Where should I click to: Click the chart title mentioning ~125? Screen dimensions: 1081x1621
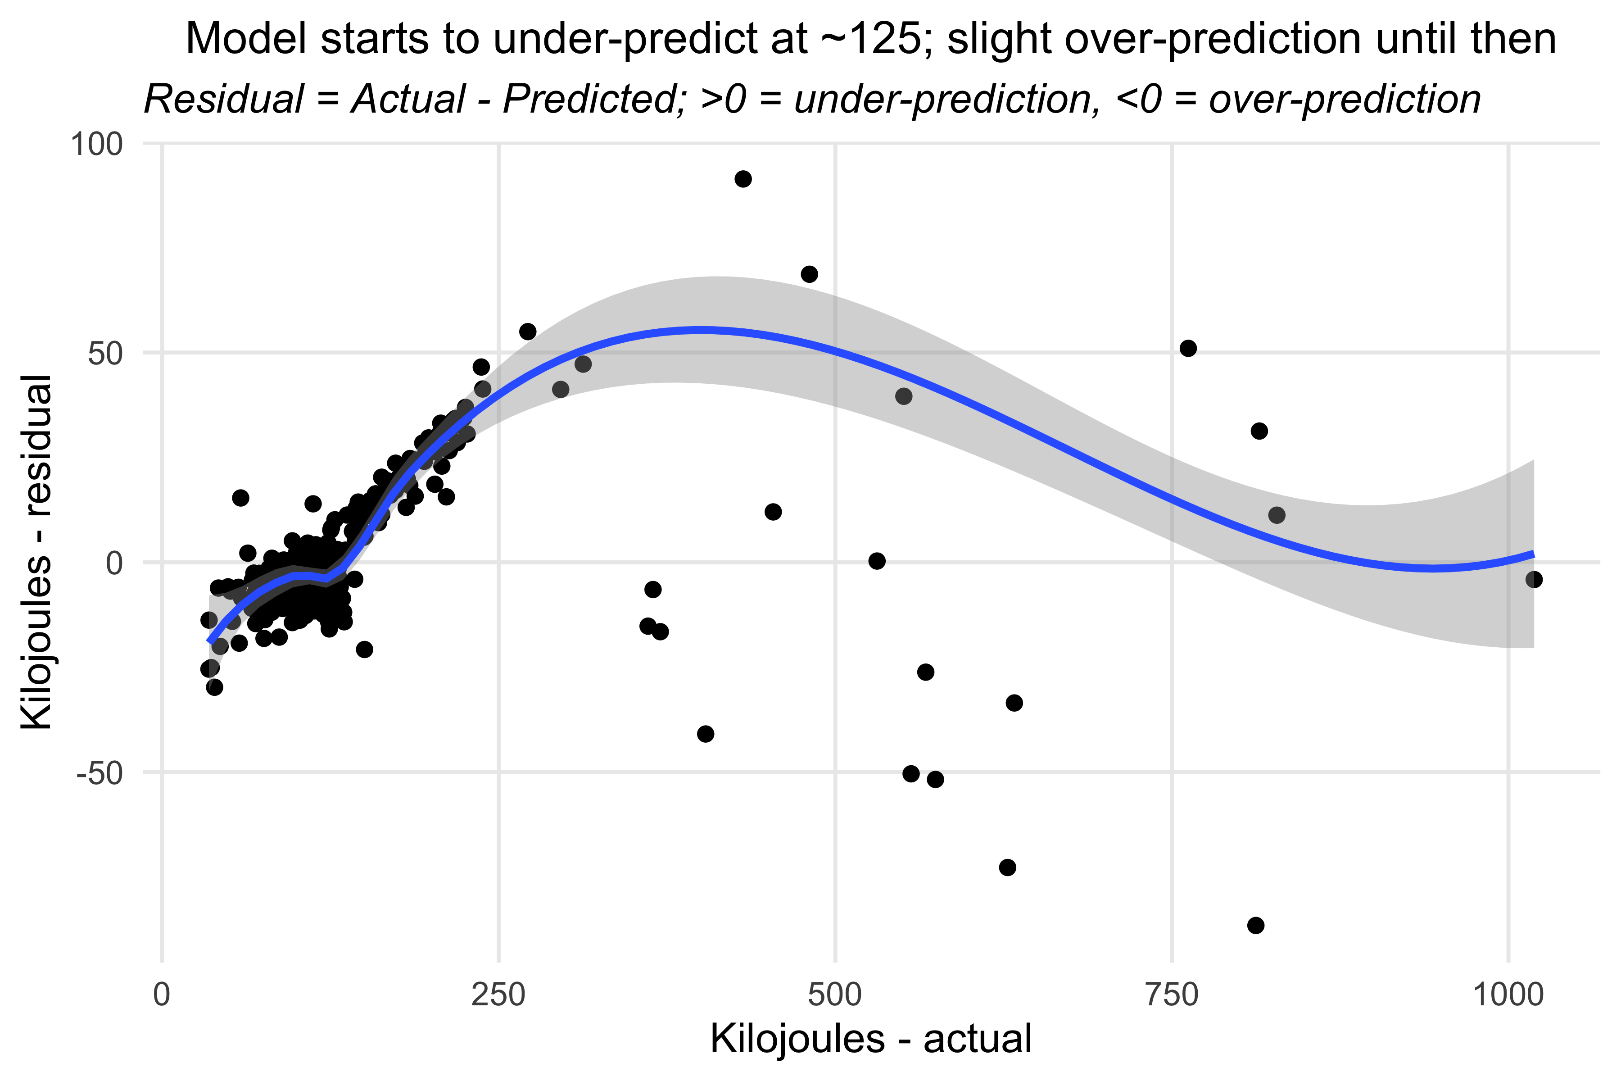871,39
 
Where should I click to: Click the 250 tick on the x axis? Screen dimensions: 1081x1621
498,995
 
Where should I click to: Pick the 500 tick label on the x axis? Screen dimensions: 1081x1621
835,995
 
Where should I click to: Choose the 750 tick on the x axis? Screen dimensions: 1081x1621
1172,995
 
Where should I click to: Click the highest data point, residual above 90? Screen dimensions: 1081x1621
743,179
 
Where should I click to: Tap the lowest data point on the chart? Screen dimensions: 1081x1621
1256,925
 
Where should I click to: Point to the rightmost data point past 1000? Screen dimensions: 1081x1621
1534,579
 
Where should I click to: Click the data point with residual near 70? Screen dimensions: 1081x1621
809,274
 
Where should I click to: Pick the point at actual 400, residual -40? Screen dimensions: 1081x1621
705,734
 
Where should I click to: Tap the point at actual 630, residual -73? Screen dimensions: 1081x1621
1008,868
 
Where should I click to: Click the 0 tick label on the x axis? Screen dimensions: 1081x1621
162,995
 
